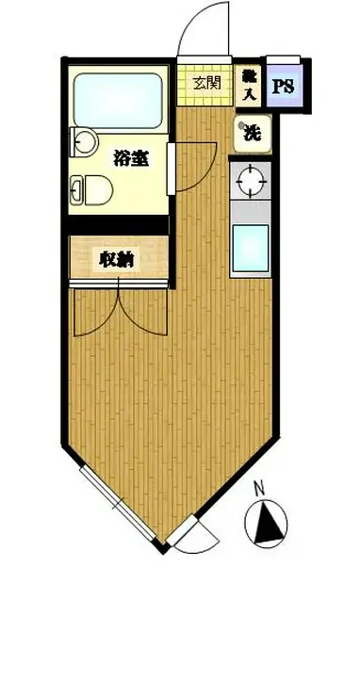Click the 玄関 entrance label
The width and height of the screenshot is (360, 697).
207,82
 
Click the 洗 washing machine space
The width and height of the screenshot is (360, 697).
252,133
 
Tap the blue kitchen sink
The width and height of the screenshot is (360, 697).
250,247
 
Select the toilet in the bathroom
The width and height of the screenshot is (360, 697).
92,190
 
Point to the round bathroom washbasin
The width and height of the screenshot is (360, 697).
84,141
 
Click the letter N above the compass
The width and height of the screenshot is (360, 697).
259,489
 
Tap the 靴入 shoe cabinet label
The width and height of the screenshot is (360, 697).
249,85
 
